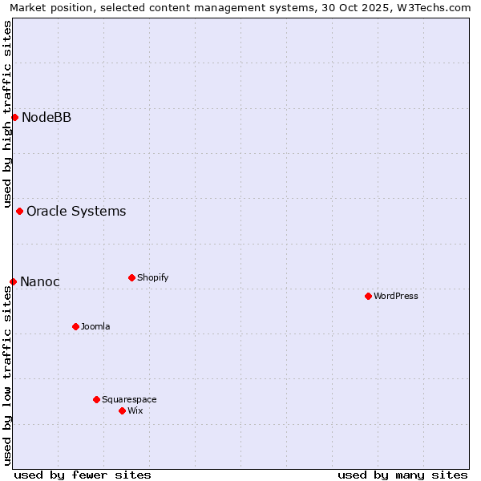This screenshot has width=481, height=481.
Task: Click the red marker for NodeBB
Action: click(x=14, y=118)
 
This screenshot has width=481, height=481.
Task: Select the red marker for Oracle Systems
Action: click(x=19, y=212)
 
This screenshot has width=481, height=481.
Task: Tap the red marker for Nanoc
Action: click(x=13, y=281)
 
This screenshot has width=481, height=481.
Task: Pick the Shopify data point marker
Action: click(x=131, y=278)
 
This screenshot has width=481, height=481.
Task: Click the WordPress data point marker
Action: click(x=368, y=297)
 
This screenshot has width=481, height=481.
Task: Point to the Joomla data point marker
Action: click(x=75, y=326)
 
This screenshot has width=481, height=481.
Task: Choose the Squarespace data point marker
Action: click(x=96, y=399)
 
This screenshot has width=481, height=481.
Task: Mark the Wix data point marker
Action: click(x=122, y=410)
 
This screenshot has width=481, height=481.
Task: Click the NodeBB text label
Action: click(x=46, y=118)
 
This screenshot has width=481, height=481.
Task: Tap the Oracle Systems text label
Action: click(x=76, y=212)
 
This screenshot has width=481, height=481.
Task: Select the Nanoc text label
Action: click(x=40, y=281)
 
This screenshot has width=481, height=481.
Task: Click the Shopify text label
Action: click(x=152, y=278)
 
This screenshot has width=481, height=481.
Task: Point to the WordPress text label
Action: click(x=396, y=297)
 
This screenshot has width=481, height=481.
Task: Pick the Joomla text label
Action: click(x=95, y=327)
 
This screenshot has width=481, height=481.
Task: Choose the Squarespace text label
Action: click(x=129, y=400)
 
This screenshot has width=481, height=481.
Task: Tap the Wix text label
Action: click(x=135, y=411)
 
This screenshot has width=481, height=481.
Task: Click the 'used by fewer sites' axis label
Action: click(x=83, y=475)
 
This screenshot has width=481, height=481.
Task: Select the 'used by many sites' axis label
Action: click(x=402, y=475)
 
